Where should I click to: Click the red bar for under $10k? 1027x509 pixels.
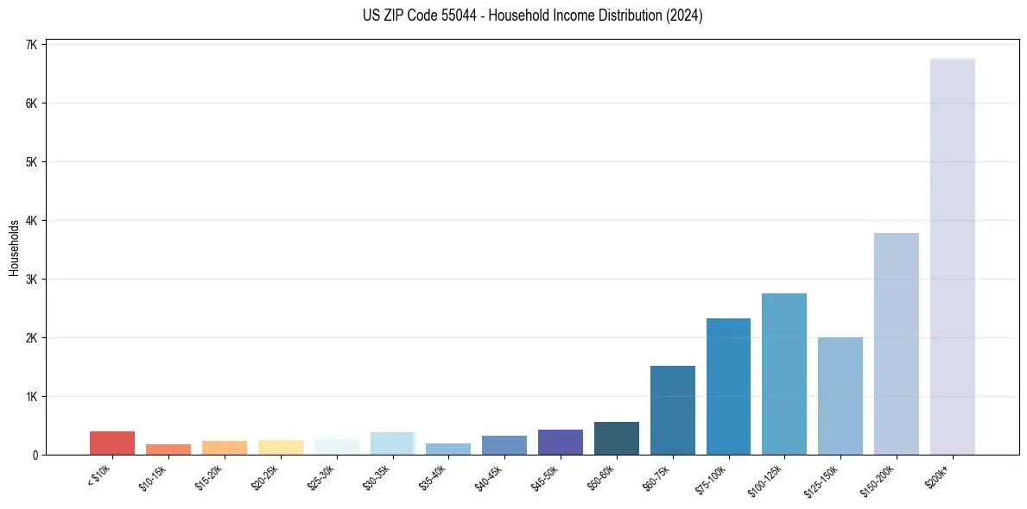[112, 443]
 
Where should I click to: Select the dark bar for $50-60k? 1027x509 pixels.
[616, 438]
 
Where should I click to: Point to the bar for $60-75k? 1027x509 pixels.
[672, 410]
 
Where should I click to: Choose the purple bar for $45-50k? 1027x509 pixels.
[560, 442]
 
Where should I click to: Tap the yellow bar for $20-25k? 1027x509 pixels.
[280, 447]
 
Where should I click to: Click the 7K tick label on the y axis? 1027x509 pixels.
[31, 45]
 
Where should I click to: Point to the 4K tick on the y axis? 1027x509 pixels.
[31, 221]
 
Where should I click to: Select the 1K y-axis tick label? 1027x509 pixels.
[31, 397]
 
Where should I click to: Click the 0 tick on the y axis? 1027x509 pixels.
[35, 455]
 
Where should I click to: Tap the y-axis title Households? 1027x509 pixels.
[14, 248]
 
